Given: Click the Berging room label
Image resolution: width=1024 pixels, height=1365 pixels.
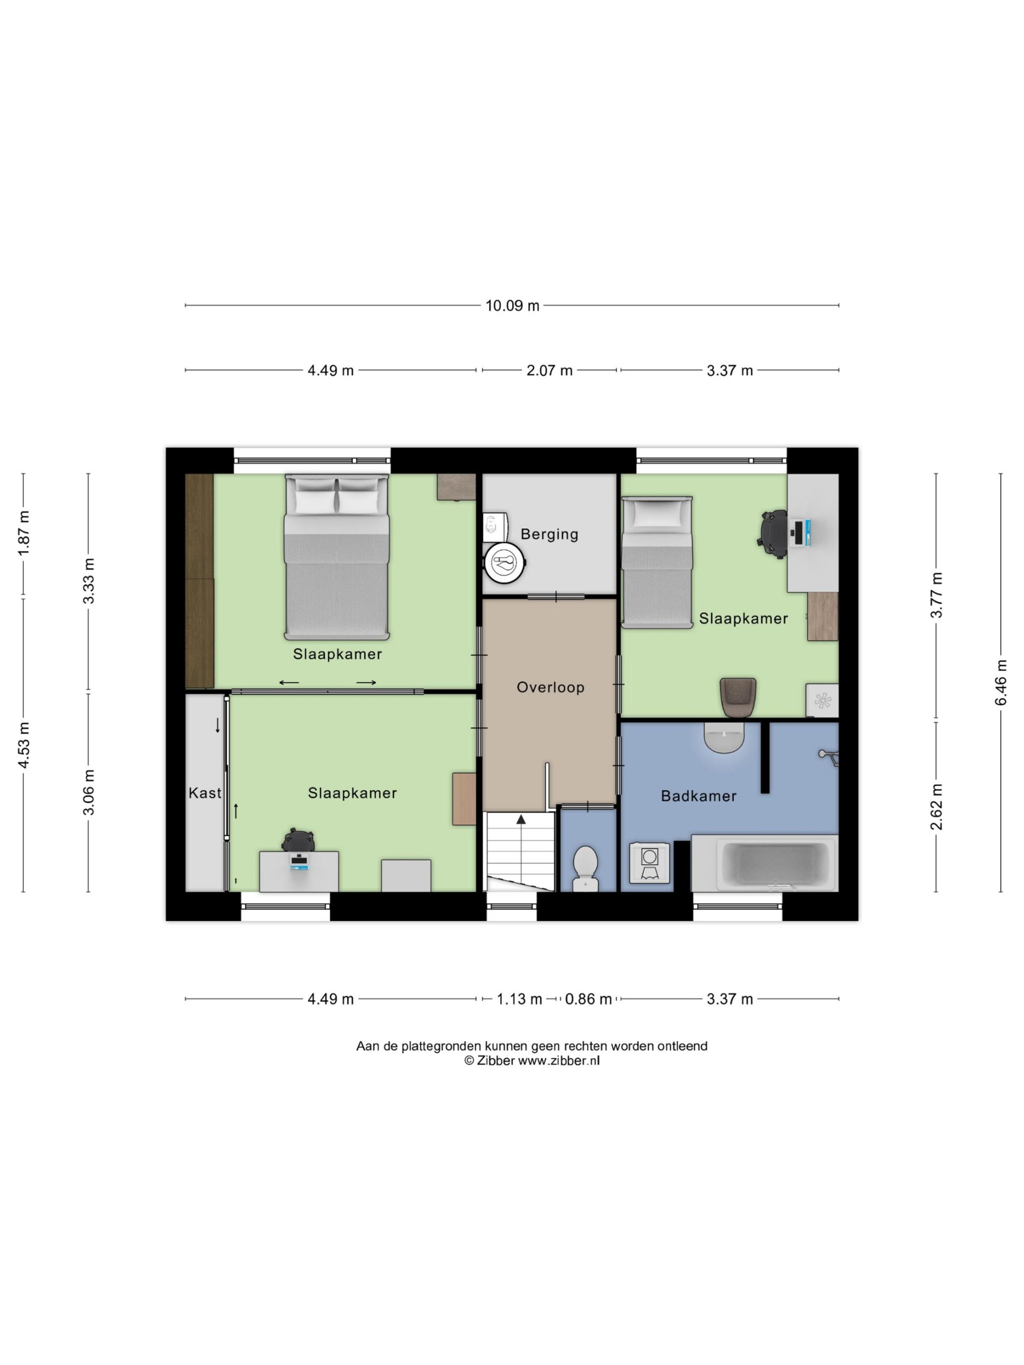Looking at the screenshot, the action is [x=549, y=534].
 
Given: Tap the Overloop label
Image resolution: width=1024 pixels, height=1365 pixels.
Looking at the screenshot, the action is [x=550, y=687].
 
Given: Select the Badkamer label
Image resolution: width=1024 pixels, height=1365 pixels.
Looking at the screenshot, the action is [x=699, y=796].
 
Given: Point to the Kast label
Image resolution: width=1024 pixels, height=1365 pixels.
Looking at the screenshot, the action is [x=205, y=793].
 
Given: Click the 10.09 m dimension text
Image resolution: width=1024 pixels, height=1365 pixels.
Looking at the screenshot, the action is [x=513, y=306].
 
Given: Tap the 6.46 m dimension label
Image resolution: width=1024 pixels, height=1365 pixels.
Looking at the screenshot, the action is [x=1001, y=682].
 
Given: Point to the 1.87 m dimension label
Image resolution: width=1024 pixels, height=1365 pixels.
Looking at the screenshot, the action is [x=23, y=533].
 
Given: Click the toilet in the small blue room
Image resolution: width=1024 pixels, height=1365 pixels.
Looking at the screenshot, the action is [x=585, y=868].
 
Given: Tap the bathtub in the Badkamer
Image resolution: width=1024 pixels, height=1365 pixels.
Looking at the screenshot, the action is [x=765, y=863].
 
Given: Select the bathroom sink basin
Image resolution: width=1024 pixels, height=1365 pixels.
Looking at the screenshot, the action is [x=724, y=737].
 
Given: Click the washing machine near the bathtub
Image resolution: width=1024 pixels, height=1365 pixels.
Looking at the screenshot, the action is [x=650, y=863].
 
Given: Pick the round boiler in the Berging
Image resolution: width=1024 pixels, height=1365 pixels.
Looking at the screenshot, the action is [x=505, y=562].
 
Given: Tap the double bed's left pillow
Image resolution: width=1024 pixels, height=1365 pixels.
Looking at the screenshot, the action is [x=315, y=501].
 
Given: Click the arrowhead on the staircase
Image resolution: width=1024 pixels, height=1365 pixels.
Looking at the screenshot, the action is [x=521, y=819].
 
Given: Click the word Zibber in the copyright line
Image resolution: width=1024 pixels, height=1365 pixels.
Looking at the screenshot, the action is [x=495, y=1061].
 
